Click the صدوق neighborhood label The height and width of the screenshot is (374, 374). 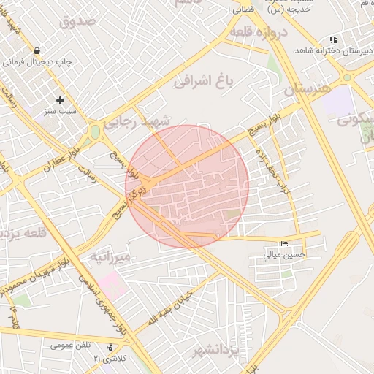79,20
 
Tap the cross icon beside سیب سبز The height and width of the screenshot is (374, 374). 60,100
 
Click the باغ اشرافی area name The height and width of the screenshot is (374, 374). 203,81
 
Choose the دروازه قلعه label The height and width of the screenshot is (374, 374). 259,33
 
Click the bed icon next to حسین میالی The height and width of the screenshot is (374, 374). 284,243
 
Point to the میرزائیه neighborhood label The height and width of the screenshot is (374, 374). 110,256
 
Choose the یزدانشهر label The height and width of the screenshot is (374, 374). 216,353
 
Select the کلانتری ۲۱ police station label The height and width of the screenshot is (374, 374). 111,359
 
